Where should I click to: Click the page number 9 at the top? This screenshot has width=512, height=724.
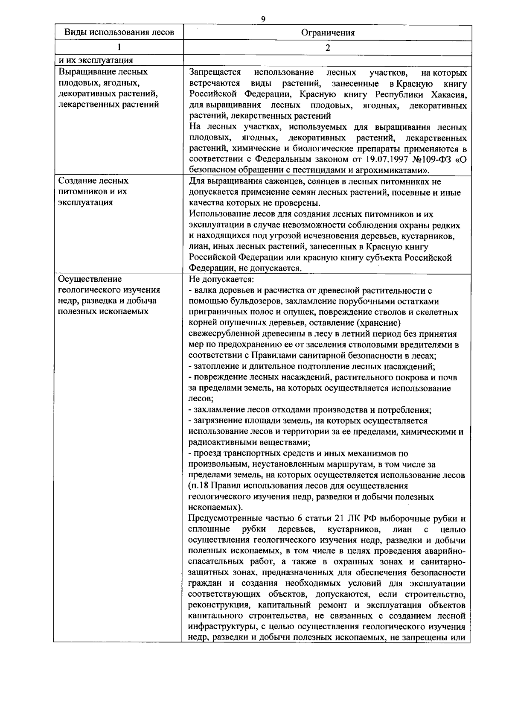tap(263, 19)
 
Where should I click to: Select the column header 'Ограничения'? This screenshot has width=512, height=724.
tap(328, 32)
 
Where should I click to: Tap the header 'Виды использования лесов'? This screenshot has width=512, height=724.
tap(119, 32)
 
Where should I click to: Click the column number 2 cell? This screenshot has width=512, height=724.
tap(328, 47)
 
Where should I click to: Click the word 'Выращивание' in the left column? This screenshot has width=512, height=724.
tap(84, 72)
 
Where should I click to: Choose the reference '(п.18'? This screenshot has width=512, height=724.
tap(198, 486)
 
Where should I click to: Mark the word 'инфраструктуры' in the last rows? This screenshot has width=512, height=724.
tap(217, 627)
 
